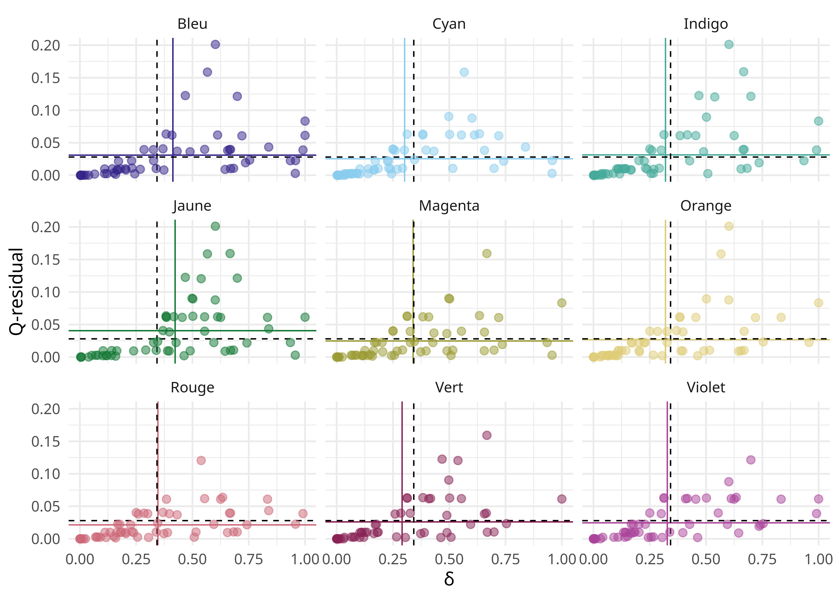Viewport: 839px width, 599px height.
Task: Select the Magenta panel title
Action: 449,206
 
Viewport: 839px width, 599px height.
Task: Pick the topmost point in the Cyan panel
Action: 464,72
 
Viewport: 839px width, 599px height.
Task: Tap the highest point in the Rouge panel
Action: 201,460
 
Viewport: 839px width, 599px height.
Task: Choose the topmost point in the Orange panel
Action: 729,226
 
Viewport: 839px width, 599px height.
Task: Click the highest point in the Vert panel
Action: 487,435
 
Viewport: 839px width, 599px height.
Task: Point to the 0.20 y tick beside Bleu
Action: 45,46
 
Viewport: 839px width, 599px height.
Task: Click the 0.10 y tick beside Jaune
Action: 45,292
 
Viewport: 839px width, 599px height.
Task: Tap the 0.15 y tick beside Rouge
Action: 45,441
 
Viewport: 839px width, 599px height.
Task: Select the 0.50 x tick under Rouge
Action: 192,559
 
